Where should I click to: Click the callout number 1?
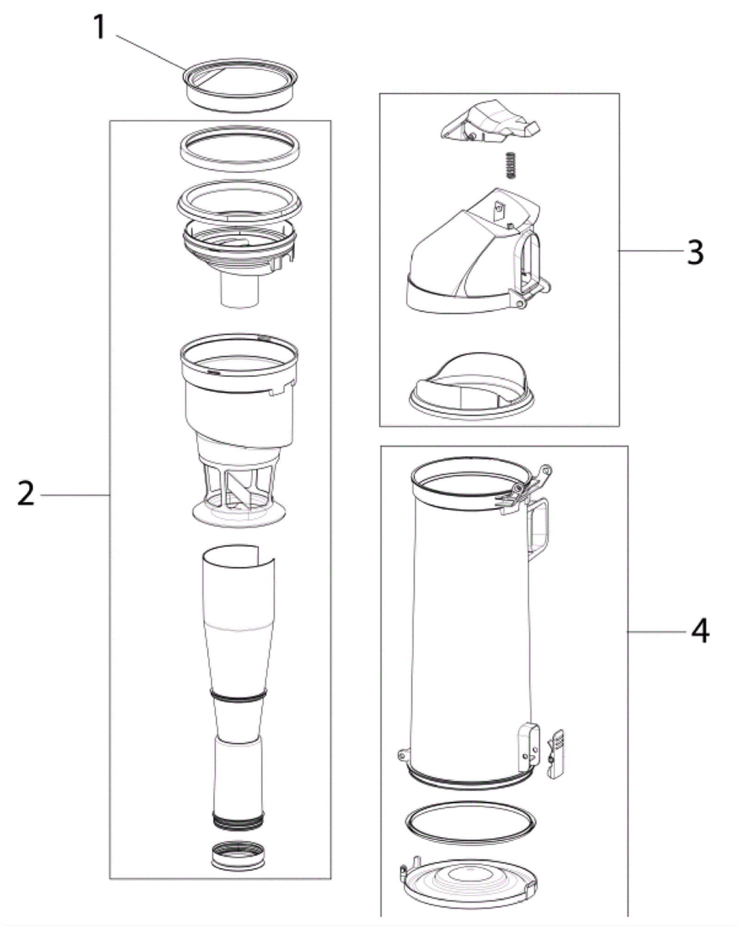tap(100, 28)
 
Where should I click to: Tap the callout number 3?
tap(695, 252)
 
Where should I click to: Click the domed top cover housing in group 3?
tap(479, 252)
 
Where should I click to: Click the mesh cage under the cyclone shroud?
tap(239, 497)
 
